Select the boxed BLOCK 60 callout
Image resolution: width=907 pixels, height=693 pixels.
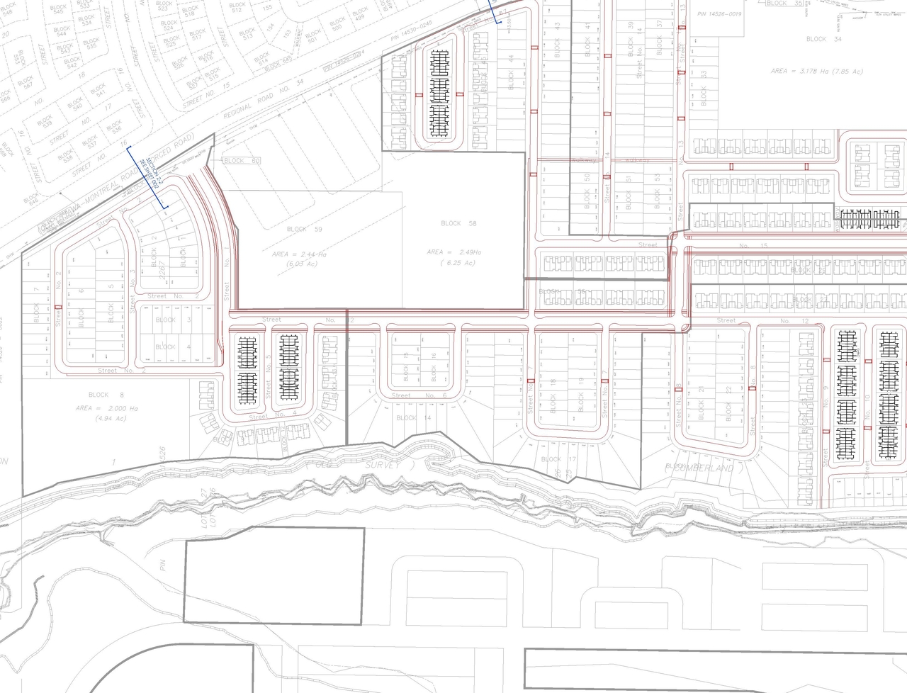click(241, 161)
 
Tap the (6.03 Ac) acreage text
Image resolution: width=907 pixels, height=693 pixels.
click(303, 264)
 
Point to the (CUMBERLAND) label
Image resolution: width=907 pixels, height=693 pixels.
click(700, 468)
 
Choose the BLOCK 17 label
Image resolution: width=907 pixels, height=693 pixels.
click(560, 459)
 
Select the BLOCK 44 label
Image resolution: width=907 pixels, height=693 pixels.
click(510, 79)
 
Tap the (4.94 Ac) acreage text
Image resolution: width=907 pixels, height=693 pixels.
click(106, 419)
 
